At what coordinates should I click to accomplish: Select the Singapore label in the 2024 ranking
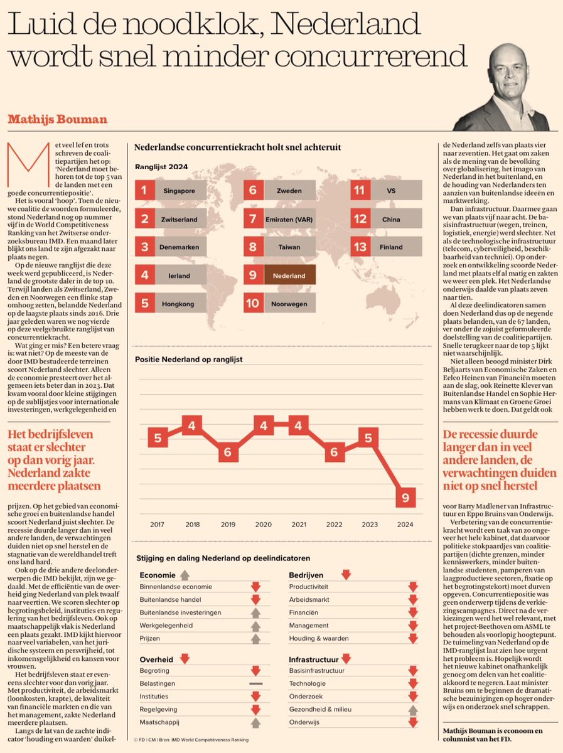point(181,190)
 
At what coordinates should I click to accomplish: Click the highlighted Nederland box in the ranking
point(289,275)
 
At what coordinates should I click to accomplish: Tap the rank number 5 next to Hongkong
point(145,304)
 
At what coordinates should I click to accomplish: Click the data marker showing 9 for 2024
point(405,498)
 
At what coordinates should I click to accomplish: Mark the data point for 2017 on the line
point(158,438)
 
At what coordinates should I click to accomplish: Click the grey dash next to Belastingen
point(255,682)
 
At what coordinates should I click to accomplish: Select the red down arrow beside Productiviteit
point(412,587)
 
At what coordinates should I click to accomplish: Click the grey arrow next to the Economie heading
point(185,574)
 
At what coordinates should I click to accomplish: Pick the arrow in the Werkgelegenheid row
point(255,626)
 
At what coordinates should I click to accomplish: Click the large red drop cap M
point(21,164)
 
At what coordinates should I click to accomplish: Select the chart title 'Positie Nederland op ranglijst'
point(188,360)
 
